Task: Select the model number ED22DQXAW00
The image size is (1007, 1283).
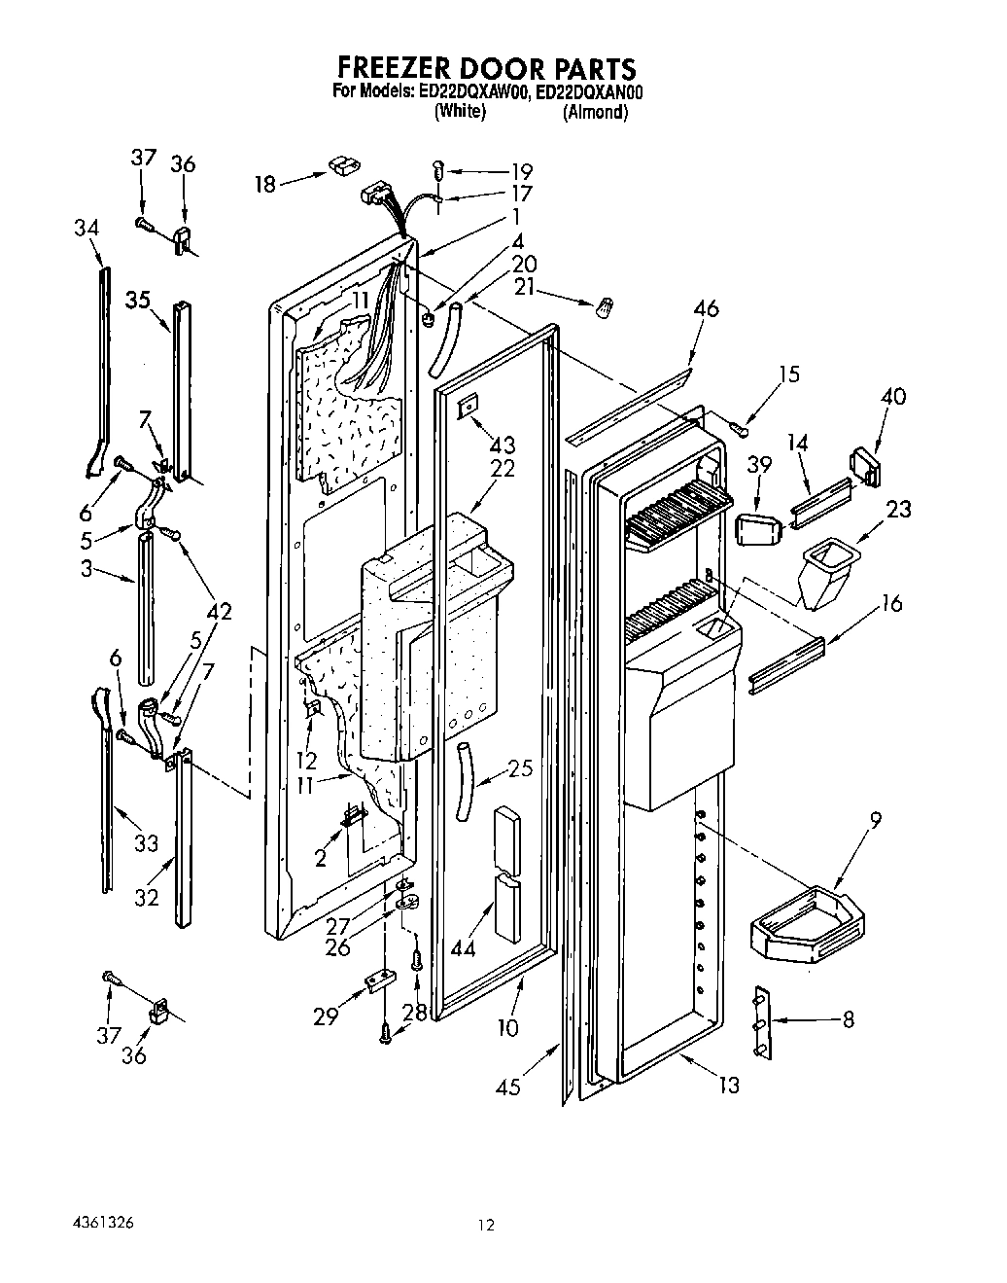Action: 473,92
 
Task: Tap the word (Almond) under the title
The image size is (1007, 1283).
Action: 595,112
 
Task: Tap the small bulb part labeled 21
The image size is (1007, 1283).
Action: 603,306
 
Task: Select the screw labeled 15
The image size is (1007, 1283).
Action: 741,423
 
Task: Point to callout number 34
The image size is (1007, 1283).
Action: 86,228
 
